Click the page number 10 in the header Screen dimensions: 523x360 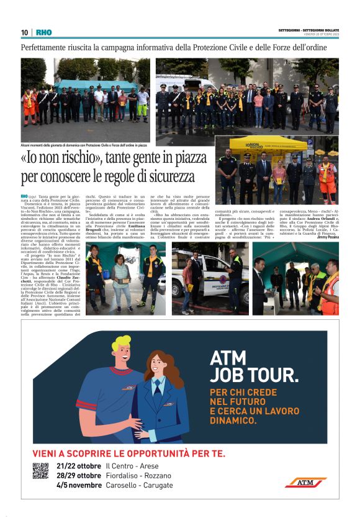[x=24, y=32]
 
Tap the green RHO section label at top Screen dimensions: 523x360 [x=44, y=32]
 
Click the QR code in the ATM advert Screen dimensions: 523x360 [x=40, y=471]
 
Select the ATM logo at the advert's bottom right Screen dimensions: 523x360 [x=305, y=482]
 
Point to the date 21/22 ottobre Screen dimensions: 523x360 [x=78, y=466]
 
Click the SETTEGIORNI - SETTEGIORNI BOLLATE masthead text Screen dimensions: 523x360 [x=308, y=30]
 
